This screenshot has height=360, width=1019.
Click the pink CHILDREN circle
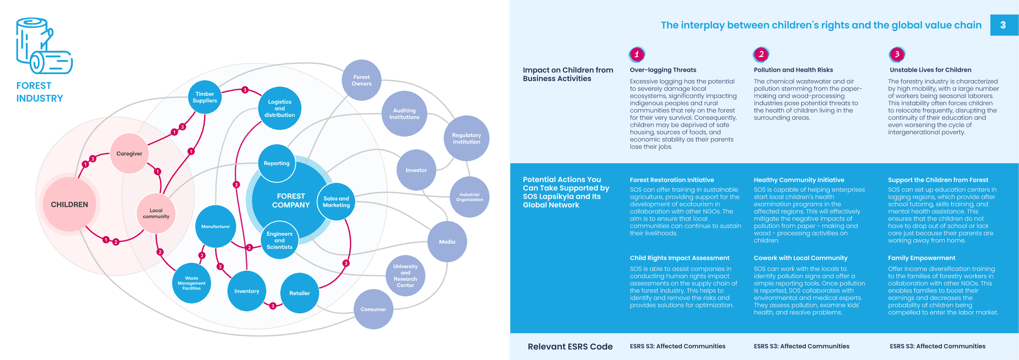(69, 204)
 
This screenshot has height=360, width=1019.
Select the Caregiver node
(129, 154)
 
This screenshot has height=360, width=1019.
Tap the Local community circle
(156, 213)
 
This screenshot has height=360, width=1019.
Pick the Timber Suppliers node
(205, 97)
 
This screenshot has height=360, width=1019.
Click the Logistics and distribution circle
(280, 108)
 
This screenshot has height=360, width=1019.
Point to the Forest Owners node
(362, 80)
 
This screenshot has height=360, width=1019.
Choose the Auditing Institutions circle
(404, 114)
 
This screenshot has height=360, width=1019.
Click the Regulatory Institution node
(466, 138)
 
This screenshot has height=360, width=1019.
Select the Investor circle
(416, 170)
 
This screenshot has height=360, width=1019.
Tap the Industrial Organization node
(470, 197)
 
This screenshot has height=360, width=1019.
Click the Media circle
(447, 242)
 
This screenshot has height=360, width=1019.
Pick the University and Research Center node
(406, 276)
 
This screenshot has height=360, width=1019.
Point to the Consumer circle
(373, 309)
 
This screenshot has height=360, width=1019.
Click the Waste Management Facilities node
(191, 283)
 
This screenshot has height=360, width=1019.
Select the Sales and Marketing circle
(336, 202)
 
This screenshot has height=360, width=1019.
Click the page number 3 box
(1004, 25)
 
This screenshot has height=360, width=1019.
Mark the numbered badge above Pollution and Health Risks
(761, 54)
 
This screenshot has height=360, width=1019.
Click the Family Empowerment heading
(921, 258)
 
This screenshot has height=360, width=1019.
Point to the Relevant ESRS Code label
(570, 347)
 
